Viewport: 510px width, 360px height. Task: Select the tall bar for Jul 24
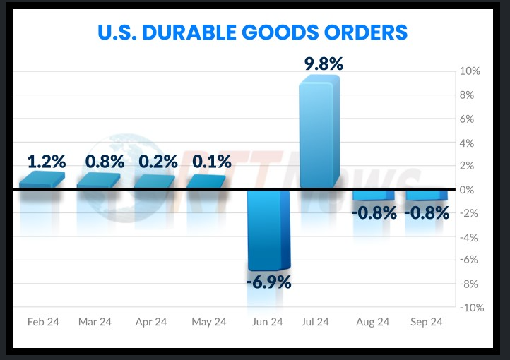tap(320, 134)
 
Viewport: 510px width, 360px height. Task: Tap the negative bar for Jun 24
tap(268, 229)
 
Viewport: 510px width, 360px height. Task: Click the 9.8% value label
tap(324, 64)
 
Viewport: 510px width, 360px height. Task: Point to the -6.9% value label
tap(268, 282)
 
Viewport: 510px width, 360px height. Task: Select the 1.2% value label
tap(46, 162)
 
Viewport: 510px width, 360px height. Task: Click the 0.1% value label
tap(212, 162)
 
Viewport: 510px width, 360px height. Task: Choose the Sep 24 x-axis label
tap(427, 322)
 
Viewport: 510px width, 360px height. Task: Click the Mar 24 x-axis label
tap(95, 322)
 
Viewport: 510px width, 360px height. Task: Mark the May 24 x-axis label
tap(209, 322)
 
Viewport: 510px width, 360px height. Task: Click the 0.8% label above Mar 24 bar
tap(104, 162)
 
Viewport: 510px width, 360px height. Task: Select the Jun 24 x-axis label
tap(266, 322)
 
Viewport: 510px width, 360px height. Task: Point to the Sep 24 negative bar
tap(426, 195)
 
